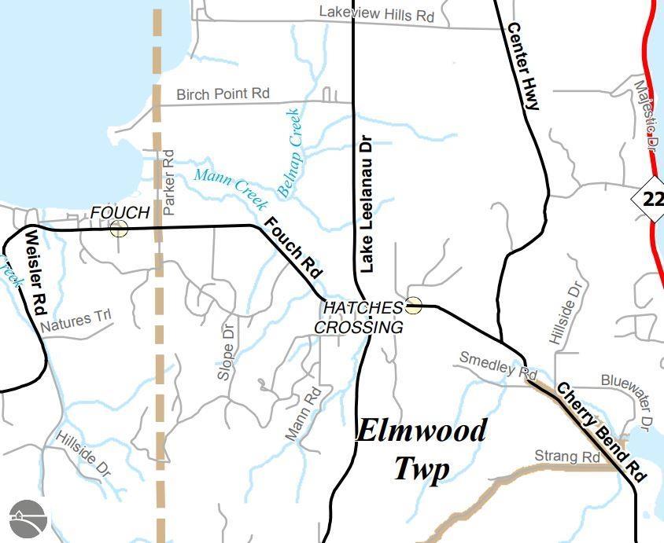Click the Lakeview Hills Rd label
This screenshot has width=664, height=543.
tap(377, 13)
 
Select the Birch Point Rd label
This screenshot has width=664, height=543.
tap(223, 94)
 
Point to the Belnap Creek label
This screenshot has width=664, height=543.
tap(290, 152)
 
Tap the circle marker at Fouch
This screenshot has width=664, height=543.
tap(119, 229)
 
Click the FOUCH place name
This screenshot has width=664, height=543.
tap(120, 212)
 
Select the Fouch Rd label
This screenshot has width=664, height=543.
tap(293, 248)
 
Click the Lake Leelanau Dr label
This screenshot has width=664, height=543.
tap(365, 203)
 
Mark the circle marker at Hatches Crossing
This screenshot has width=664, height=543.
tap(413, 306)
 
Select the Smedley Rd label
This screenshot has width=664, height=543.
tap(497, 364)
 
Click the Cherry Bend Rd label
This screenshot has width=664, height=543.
tap(602, 431)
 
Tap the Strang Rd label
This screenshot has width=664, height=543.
tap(567, 457)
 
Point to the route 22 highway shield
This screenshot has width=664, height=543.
tap(652, 199)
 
